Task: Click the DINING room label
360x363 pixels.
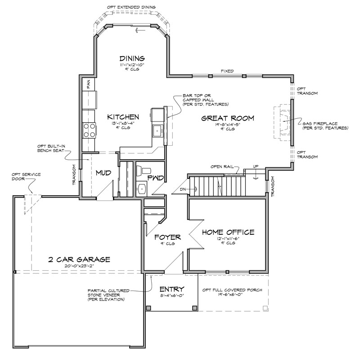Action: (132, 58)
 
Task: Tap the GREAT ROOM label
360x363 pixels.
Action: (227, 118)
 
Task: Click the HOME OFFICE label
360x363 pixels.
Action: (228, 233)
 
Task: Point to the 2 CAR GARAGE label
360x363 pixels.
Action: (79, 260)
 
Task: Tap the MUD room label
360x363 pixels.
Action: (103, 173)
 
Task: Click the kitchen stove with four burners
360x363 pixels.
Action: (89, 130)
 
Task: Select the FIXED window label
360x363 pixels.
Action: (227, 71)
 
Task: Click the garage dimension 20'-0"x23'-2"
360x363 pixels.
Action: (79, 267)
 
